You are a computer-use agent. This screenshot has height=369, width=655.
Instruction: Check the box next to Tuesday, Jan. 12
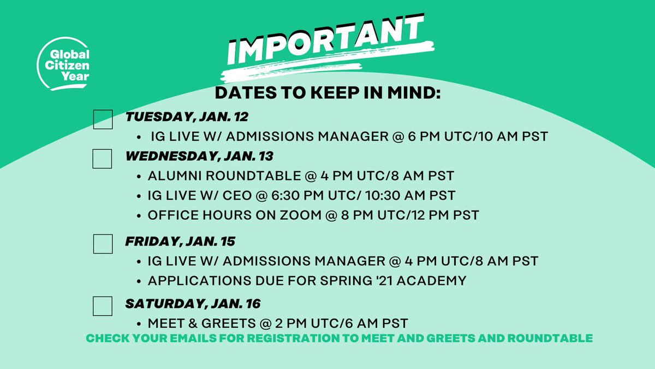pos(103,119)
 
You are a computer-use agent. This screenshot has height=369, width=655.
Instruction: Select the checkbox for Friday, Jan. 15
pos(103,243)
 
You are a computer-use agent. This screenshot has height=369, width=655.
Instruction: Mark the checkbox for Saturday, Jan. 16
pos(103,306)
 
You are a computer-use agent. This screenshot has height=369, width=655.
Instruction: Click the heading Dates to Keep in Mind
pos(327,92)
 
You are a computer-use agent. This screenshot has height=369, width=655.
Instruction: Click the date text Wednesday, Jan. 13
pos(199,156)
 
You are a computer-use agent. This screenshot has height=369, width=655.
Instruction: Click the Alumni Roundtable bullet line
pos(301,176)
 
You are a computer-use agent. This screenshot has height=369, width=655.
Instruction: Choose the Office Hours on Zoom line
pos(313,215)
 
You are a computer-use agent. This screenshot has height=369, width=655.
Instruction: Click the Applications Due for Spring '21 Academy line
pos(307,281)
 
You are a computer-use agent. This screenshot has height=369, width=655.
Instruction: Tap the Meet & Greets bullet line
pos(278,323)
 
